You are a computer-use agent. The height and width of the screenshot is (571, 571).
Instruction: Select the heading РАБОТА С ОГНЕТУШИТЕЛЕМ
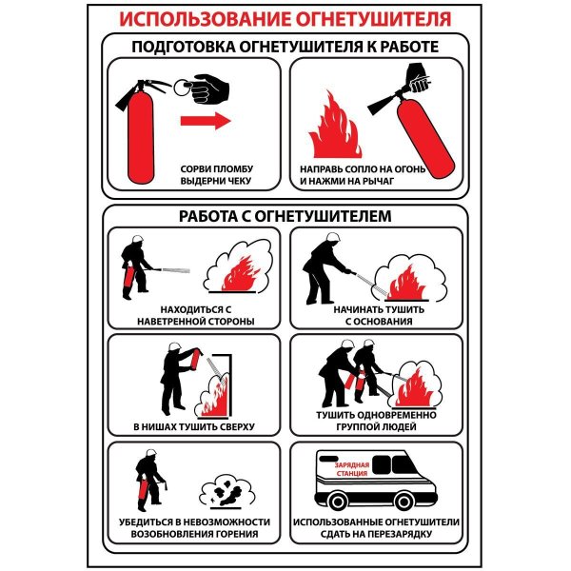pos(285,216)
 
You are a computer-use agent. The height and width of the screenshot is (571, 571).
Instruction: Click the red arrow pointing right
pos(206,121)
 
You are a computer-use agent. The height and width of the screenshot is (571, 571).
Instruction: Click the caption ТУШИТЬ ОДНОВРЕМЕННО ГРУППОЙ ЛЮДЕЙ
pos(378,421)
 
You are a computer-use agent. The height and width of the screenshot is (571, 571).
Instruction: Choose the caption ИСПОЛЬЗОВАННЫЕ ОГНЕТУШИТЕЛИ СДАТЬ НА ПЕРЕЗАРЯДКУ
pos(378,529)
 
